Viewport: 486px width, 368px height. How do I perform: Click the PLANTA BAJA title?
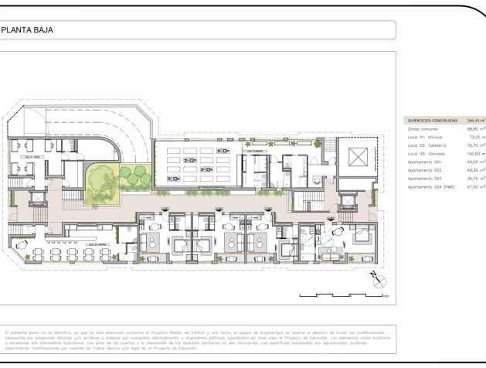pos(22,31)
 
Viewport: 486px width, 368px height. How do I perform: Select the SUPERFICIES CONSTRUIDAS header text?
pos(430,121)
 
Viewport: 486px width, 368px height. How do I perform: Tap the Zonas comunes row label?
pos(423,129)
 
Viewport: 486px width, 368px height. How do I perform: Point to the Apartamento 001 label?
pos(425,162)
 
